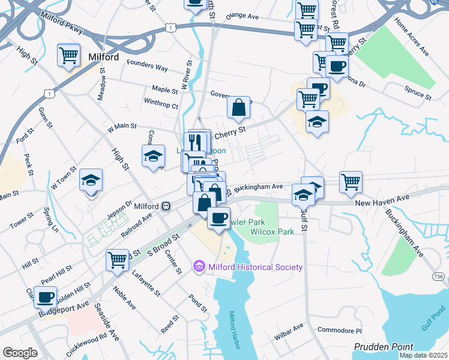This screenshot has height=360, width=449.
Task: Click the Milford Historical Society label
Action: pos(255,267)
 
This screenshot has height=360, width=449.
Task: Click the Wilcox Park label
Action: pos(272,232)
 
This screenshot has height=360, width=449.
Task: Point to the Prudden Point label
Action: pos(384,347)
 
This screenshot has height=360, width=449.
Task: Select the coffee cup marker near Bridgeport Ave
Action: pos(46,297)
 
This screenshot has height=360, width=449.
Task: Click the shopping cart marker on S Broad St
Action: pos(116,260)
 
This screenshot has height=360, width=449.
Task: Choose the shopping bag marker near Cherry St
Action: pos(239,108)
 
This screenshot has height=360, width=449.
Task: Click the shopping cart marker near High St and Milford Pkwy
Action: pos(68,55)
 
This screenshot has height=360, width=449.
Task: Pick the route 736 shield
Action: pos(439,276)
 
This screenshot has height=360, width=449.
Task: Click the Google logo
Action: pos(20,353)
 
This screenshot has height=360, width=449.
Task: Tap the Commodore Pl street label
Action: pos(340,331)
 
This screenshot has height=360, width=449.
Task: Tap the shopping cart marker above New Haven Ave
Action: pos(351,182)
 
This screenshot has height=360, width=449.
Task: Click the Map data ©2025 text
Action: pos(423,355)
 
